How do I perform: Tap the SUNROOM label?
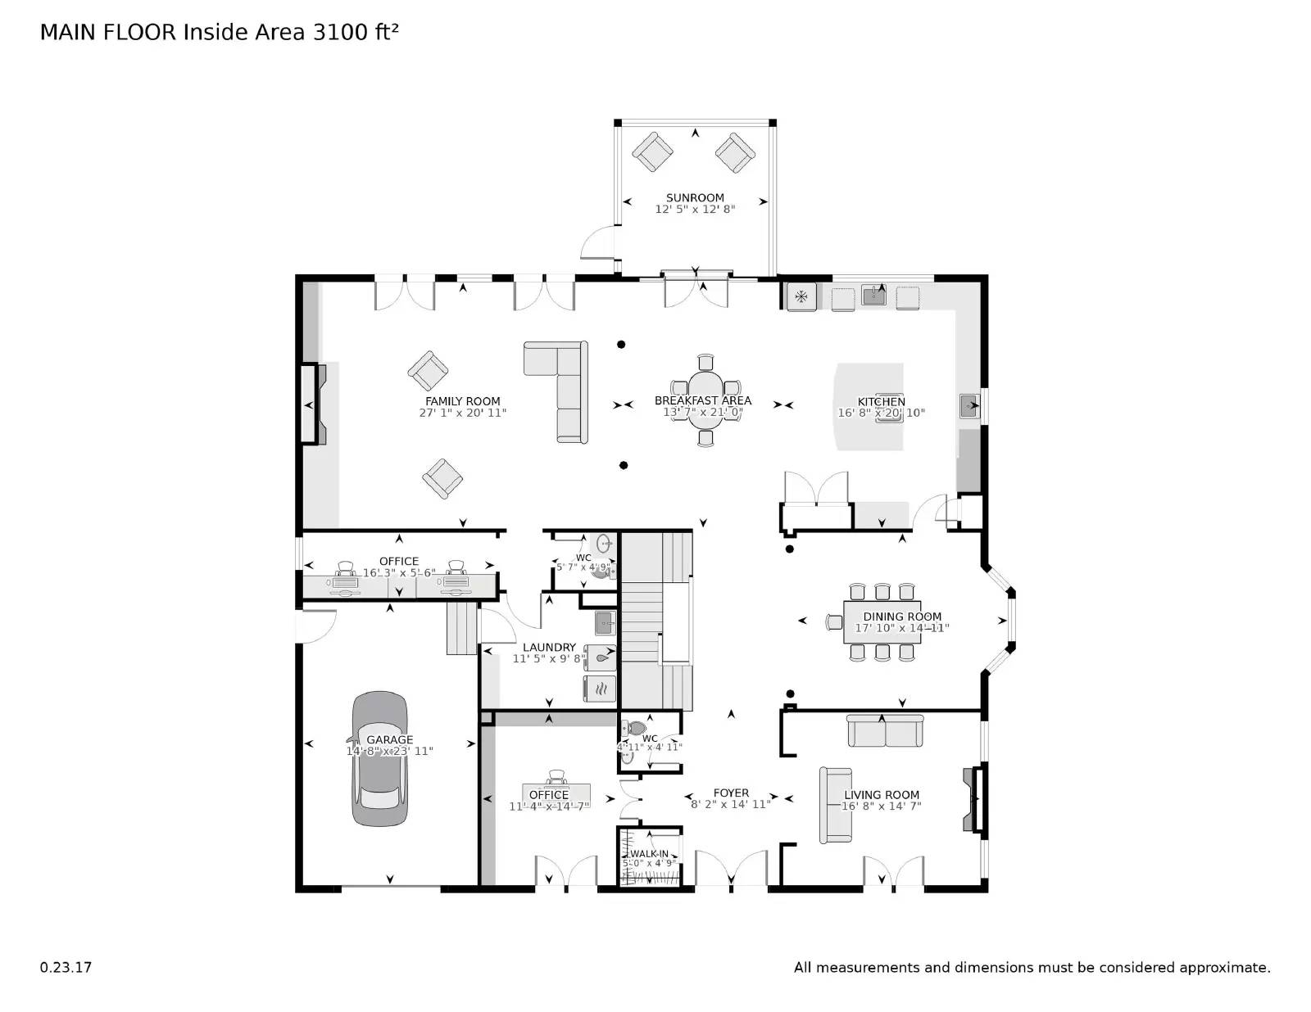tap(695, 197)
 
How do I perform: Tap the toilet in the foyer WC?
tap(635, 728)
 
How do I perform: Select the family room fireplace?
tap(311, 405)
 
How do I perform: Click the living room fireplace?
tap(975, 799)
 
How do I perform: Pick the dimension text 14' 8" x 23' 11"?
tap(389, 751)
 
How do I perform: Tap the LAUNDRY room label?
tap(549, 647)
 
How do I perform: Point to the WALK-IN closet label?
tap(649, 853)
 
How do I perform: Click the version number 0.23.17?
tap(66, 967)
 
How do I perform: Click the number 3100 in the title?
tap(338, 32)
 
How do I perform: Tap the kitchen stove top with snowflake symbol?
tap(801, 296)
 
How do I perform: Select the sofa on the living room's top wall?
tap(885, 731)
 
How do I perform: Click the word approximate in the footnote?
tap(1224, 967)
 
